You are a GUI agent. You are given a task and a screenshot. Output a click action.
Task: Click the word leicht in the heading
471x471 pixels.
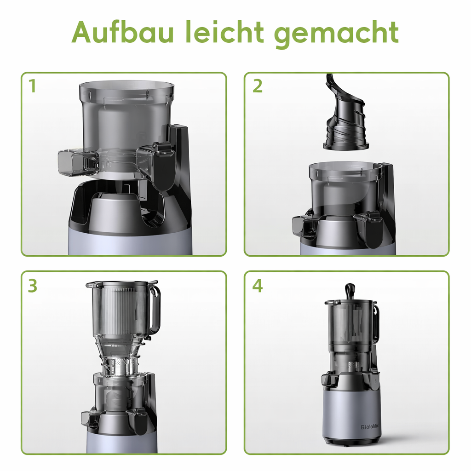pos(225,32)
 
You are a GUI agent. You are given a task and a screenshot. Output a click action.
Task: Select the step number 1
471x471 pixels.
pos(32,86)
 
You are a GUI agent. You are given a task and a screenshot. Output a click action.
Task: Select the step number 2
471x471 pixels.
pos(258,86)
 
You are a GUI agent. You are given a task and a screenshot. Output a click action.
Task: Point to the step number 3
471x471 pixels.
pos(32,286)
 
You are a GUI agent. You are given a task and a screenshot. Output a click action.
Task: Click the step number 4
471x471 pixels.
pos(258,286)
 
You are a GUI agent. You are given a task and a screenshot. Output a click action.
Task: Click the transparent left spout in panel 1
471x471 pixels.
pos(74,164)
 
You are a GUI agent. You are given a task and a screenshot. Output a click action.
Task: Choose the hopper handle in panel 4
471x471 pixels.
pos(377,322)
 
